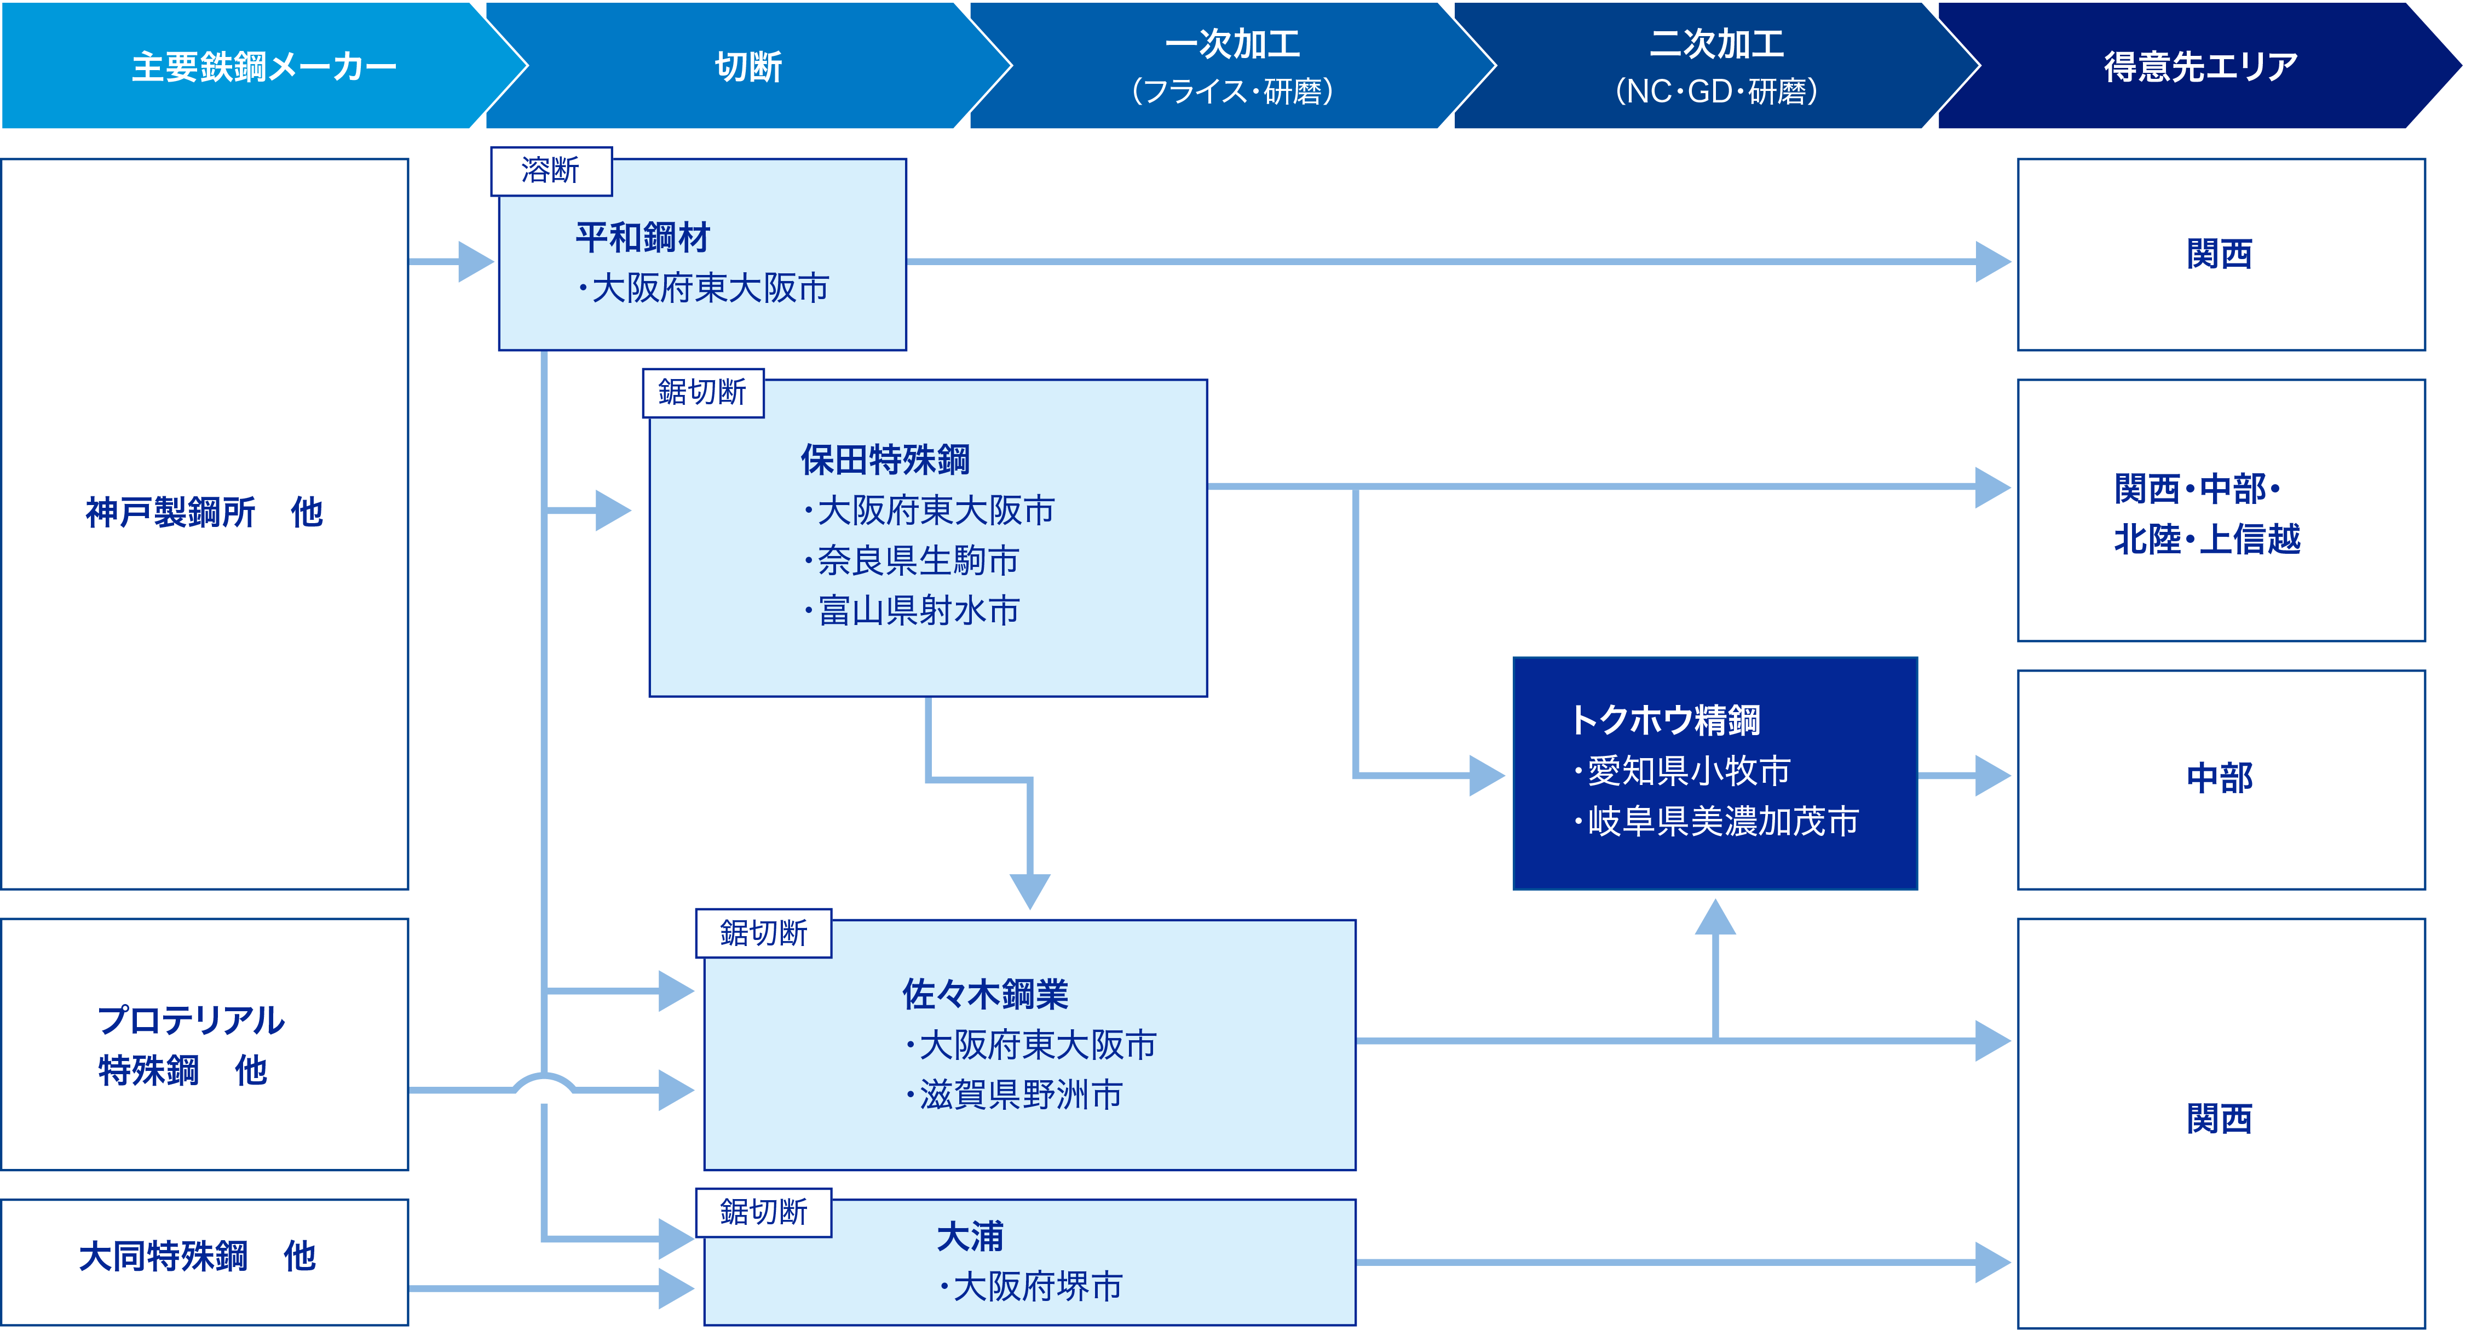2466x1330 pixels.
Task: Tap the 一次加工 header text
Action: [x=1232, y=44]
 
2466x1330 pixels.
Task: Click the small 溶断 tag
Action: [x=550, y=170]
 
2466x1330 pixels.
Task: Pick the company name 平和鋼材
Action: [x=642, y=238]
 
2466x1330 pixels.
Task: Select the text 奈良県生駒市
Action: [x=917, y=561]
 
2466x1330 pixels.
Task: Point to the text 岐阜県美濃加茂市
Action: [x=1721, y=821]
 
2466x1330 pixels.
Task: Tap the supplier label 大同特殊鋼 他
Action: [x=197, y=1256]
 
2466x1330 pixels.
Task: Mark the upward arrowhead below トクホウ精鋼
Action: [x=1715, y=918]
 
